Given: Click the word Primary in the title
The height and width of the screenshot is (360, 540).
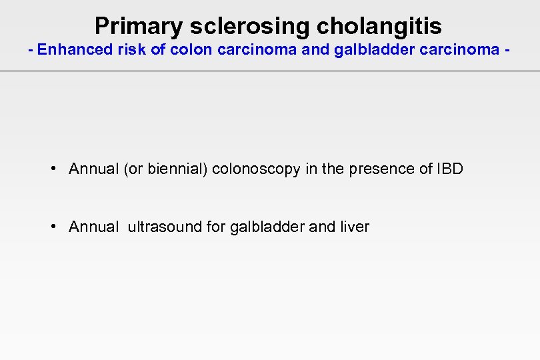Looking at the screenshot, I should click(x=139, y=26).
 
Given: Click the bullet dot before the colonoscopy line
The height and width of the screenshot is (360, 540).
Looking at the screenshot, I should click(x=53, y=168).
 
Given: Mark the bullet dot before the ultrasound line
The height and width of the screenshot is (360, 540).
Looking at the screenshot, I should click(x=53, y=226).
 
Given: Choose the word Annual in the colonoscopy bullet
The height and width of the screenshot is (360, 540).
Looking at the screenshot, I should click(x=93, y=169).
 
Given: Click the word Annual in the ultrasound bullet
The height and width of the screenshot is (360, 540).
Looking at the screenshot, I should click(x=93, y=227).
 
